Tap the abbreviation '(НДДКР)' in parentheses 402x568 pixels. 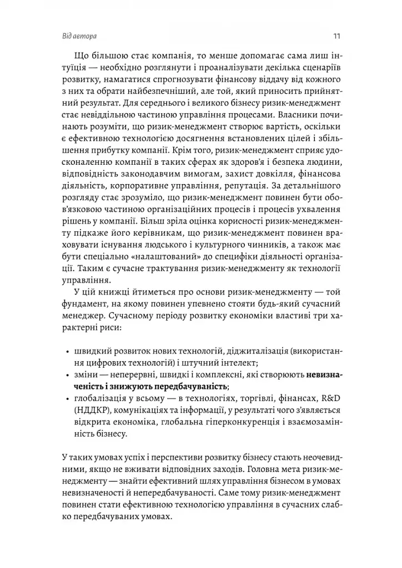[x=89, y=412]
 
